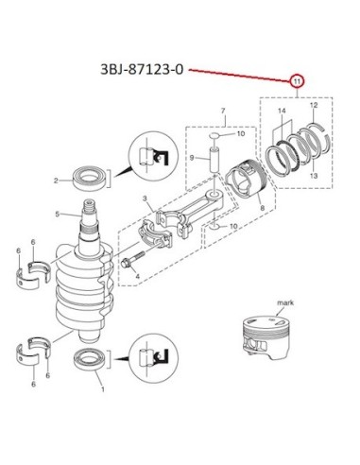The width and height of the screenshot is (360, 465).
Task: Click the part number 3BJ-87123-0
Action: tap(142, 69)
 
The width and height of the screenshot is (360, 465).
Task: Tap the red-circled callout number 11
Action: tap(297, 81)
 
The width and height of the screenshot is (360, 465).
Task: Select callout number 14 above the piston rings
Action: tap(282, 112)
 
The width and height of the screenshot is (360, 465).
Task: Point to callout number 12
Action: tap(314, 105)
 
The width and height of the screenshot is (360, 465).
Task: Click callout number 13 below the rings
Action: tap(314, 176)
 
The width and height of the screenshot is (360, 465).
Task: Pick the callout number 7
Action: tap(223, 111)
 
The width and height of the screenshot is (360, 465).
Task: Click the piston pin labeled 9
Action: tap(214, 160)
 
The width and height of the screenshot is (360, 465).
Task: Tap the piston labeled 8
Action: tap(247, 183)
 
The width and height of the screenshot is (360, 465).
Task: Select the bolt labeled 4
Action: tap(132, 259)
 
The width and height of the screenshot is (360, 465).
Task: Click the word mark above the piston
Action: tap(285, 302)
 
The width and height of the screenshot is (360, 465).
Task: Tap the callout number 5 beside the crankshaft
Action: tap(57, 215)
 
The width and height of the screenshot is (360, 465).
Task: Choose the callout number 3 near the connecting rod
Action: tap(145, 198)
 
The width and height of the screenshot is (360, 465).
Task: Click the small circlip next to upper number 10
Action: tap(215, 136)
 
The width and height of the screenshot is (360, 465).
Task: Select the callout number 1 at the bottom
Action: tap(103, 389)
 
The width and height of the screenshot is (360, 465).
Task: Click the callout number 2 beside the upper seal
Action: tap(56, 181)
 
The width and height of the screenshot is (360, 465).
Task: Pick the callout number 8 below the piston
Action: tap(263, 208)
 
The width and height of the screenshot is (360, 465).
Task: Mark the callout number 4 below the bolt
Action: tap(138, 277)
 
